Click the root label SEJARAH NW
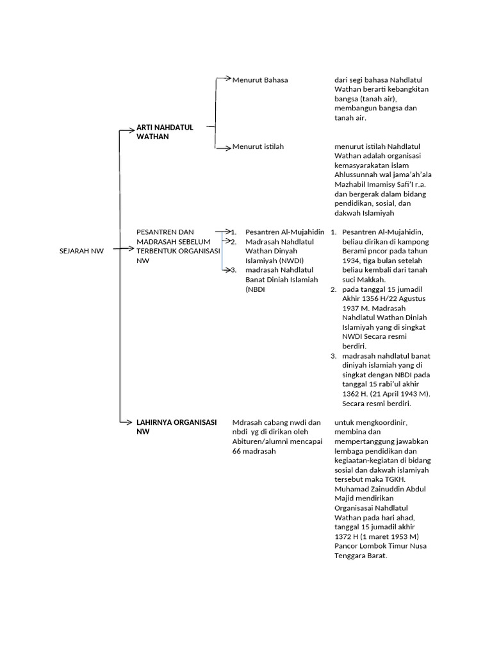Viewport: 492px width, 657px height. pyautogui.click(x=81, y=251)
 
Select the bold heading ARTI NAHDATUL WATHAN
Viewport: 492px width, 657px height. pyautogui.click(x=165, y=132)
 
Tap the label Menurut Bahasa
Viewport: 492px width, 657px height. pyautogui.click(x=260, y=80)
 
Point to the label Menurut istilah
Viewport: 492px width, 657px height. pyautogui.click(x=258, y=147)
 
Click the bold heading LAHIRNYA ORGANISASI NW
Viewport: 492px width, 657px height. pyautogui.click(x=176, y=427)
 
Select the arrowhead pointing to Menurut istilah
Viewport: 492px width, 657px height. pyautogui.click(x=227, y=148)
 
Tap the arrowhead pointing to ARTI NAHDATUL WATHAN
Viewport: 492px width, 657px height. pyautogui.click(x=133, y=130)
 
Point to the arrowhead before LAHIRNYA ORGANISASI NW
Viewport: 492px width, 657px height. pyautogui.click(x=133, y=422)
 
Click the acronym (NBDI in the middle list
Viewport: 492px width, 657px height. pyautogui.click(x=255, y=289)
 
